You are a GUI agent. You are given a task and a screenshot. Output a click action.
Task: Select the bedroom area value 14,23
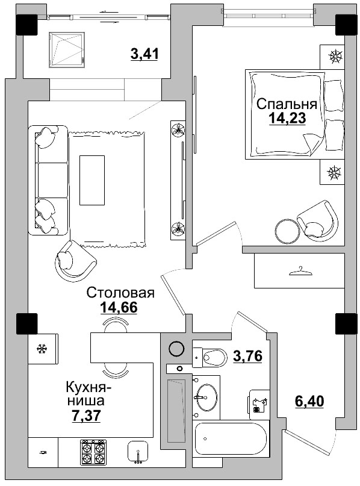tap(287, 118)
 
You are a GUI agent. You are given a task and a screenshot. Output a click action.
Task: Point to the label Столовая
tap(120, 293)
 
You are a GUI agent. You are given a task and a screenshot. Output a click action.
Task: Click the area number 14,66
tap(119, 308)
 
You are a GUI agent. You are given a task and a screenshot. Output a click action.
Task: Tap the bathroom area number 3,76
tap(247, 356)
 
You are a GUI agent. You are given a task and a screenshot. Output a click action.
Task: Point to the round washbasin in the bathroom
tap(207, 395)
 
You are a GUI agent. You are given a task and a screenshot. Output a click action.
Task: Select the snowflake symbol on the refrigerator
tap(42, 348)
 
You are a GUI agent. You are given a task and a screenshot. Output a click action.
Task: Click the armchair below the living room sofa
tap(75, 260)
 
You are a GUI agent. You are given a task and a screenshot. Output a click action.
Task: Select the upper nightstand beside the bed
tap(333, 58)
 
